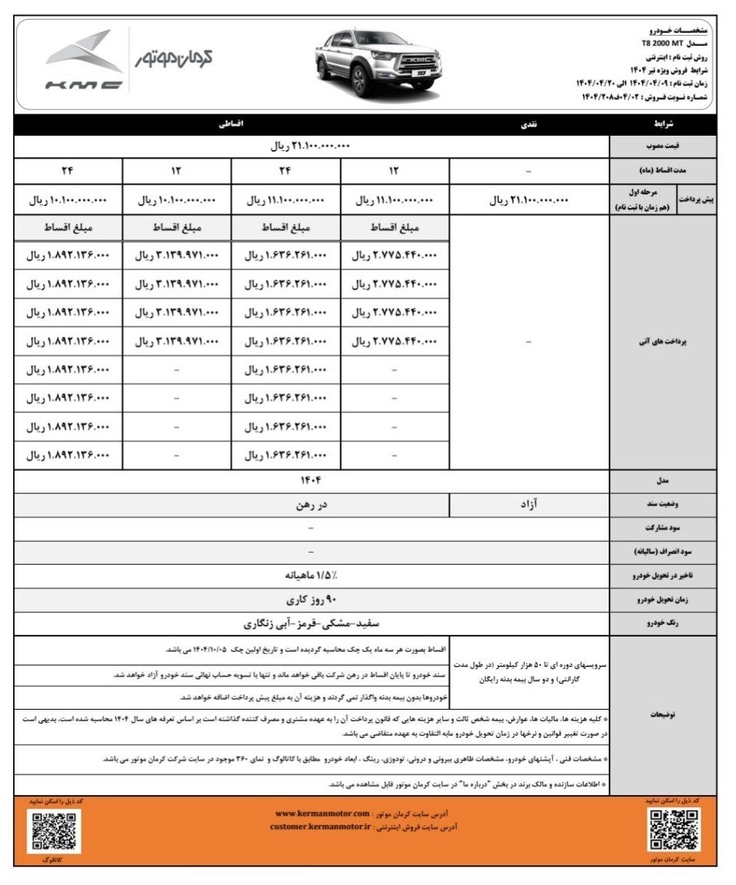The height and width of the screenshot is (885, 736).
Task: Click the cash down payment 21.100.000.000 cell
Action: (x=529, y=200)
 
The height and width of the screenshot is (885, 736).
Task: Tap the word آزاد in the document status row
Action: (x=529, y=504)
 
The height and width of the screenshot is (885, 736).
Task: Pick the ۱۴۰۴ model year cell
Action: (x=312, y=480)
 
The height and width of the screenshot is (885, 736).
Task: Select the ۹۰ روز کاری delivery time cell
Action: (x=312, y=600)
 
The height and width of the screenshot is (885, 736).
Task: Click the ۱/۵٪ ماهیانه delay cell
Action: (x=312, y=576)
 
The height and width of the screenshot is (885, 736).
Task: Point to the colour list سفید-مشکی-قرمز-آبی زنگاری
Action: (x=312, y=624)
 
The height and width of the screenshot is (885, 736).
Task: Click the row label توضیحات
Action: (x=663, y=715)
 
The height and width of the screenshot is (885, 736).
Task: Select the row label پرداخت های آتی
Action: (x=663, y=342)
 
